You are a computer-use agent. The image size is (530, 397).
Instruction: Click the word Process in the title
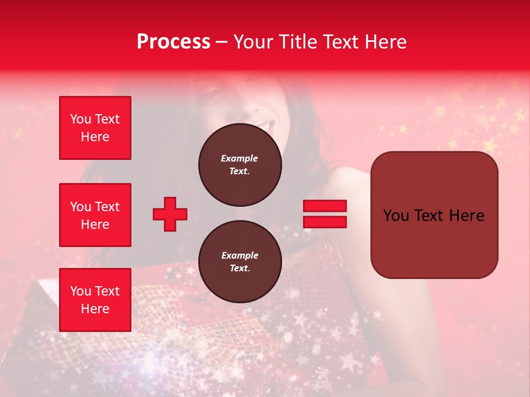tap(173, 42)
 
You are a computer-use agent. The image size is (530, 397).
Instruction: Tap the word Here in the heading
tap(385, 42)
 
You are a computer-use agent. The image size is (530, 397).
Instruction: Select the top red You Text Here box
tap(95, 128)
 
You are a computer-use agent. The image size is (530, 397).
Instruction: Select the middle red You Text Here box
tap(95, 215)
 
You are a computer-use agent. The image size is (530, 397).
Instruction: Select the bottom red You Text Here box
tap(95, 300)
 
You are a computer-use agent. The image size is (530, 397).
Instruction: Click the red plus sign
tap(170, 214)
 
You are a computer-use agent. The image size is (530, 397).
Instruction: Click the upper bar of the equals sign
tap(325, 206)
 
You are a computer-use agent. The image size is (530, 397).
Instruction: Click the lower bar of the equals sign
tap(325, 222)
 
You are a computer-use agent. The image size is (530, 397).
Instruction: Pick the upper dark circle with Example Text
tap(240, 165)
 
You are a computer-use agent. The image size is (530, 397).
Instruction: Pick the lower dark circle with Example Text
tap(240, 262)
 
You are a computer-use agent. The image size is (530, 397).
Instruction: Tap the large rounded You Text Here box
tap(434, 215)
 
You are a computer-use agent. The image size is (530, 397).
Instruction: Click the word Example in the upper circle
tap(240, 158)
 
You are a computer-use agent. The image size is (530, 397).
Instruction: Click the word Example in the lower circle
tap(240, 255)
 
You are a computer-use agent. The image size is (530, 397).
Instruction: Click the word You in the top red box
tap(81, 119)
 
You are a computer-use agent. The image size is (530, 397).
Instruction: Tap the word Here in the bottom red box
tap(95, 309)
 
